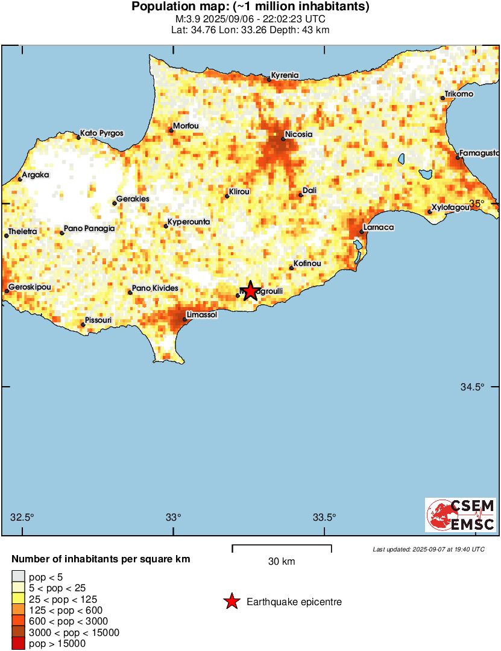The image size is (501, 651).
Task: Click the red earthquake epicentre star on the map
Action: coord(250,291)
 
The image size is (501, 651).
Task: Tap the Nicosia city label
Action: coord(298,134)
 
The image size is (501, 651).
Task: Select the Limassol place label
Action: coord(202,314)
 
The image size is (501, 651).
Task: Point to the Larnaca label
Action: coord(379,227)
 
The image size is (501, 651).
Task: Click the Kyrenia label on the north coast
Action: coord(285,75)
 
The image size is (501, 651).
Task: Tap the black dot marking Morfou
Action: coord(171,130)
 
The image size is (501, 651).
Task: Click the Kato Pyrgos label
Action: coord(102,133)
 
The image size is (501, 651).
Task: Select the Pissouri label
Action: coord(98,320)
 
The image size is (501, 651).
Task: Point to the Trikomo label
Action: coord(459,94)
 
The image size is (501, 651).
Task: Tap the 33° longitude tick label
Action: coord(174,517)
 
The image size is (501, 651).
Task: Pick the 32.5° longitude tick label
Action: coord(23,517)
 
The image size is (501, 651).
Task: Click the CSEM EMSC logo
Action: coord(461,515)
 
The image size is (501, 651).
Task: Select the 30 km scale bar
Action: coord(282,548)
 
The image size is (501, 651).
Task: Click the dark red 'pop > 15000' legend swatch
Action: coord(19,644)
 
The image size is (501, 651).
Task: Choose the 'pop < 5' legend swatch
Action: coord(19,577)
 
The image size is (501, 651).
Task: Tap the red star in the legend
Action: coord(231,602)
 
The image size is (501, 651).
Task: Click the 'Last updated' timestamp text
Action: coord(428,550)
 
